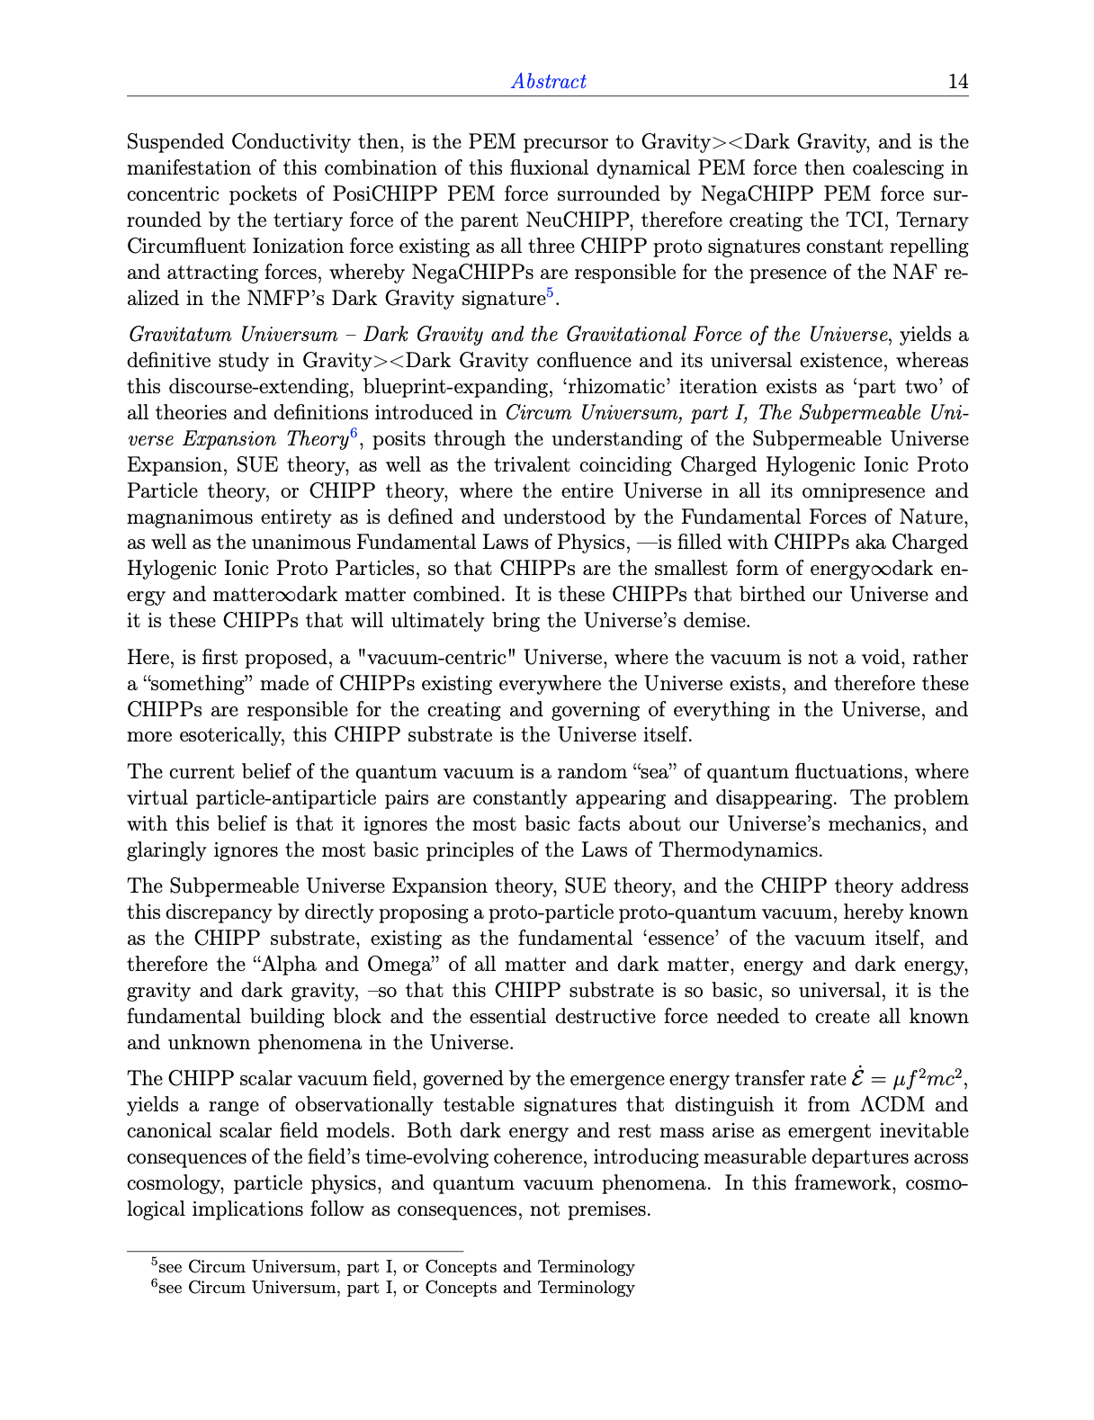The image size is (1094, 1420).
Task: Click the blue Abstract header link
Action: point(548,81)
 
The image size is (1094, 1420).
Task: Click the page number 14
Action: point(958,81)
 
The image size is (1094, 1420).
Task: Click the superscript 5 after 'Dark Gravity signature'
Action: point(550,293)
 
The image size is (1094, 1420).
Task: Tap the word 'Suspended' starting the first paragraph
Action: point(176,142)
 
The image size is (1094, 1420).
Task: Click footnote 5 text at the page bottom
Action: point(393,1267)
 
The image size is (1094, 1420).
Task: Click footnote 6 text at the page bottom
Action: point(393,1288)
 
